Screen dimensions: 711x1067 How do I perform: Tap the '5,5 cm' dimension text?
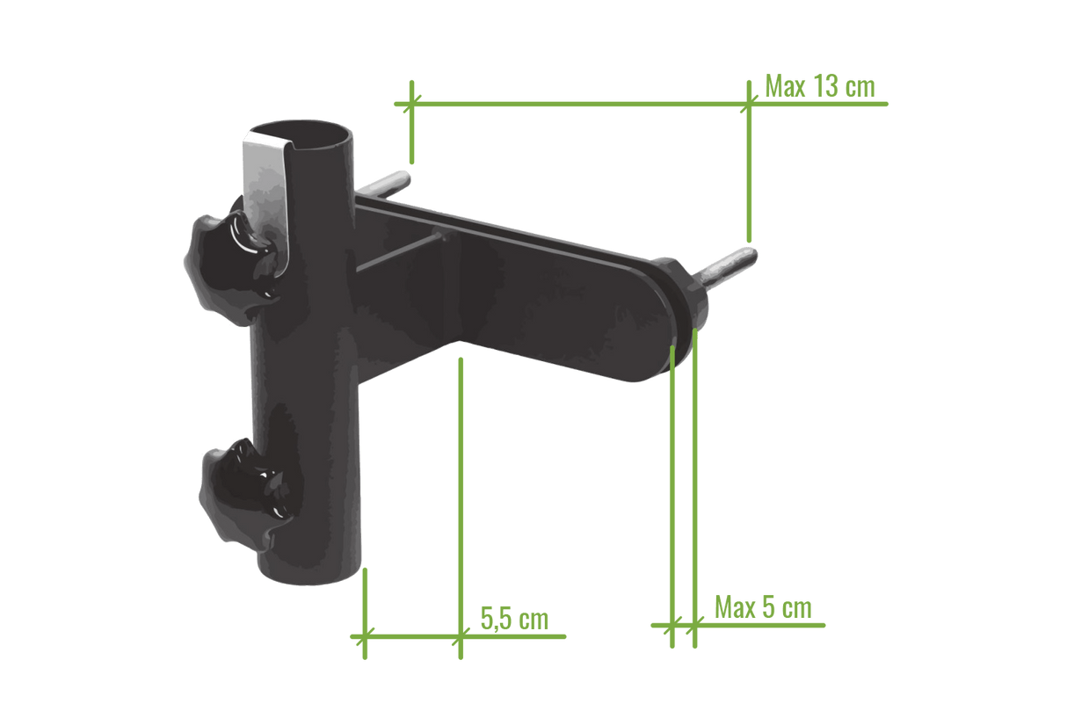pyautogui.click(x=514, y=618)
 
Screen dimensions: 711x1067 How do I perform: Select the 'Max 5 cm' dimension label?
pyautogui.click(x=763, y=607)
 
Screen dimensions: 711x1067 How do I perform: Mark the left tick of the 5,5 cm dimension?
pyautogui.click(x=364, y=633)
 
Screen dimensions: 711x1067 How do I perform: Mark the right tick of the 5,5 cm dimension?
pyautogui.click(x=459, y=633)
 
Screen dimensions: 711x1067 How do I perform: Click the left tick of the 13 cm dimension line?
pyautogui.click(x=410, y=104)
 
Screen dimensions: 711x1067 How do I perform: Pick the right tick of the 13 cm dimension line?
pyautogui.click(x=748, y=104)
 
